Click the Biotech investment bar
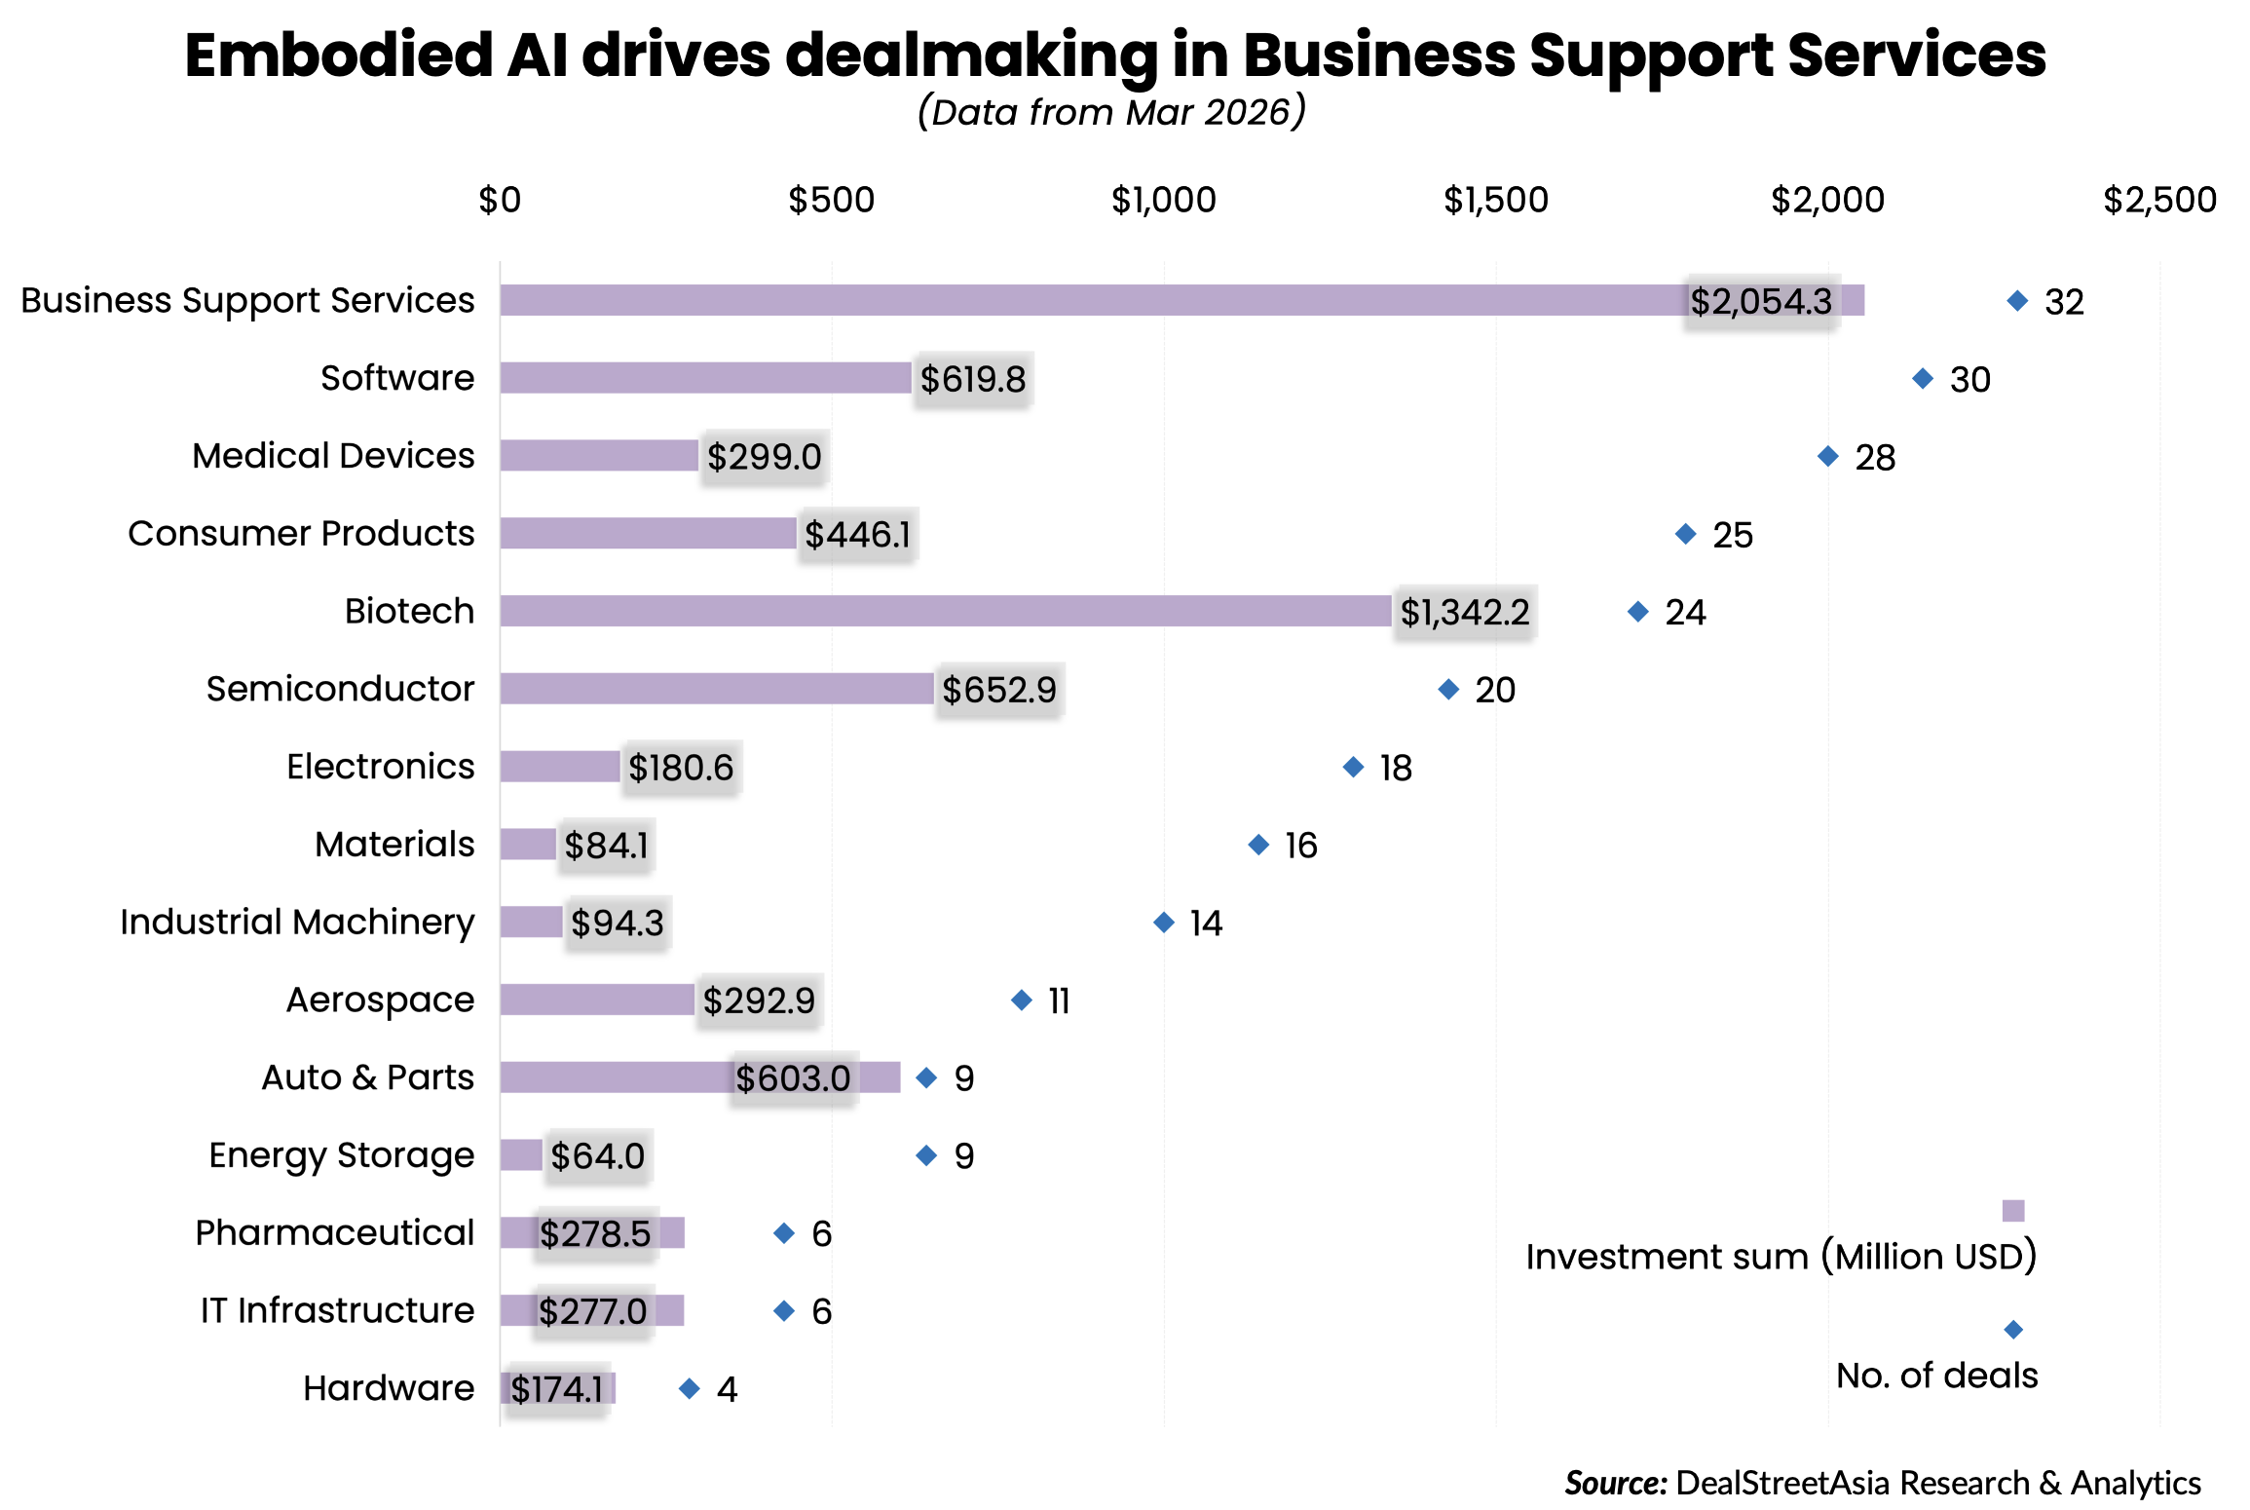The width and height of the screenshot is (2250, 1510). click(x=945, y=611)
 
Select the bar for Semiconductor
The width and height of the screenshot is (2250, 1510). click(x=717, y=689)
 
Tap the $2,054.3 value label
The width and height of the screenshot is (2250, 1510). click(x=1761, y=302)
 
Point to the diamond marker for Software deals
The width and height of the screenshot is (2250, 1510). click(x=1922, y=378)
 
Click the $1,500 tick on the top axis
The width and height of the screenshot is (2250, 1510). click(x=1495, y=201)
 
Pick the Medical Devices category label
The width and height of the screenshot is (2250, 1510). click(x=333, y=456)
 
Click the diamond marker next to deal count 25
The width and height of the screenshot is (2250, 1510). click(x=1685, y=534)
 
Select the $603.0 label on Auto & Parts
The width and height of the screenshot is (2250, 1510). click(x=793, y=1078)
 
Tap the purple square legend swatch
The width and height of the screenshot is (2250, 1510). click(x=2012, y=1211)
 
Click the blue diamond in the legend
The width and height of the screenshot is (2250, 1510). click(x=2012, y=1330)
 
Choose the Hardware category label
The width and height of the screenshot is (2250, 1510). click(x=388, y=1388)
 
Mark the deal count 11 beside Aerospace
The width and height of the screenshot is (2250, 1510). click(x=1059, y=1001)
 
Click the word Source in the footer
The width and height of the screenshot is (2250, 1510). click(x=1615, y=1483)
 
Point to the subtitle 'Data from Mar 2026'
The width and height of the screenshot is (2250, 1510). click(x=1110, y=113)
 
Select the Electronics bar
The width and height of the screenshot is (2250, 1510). click(x=560, y=767)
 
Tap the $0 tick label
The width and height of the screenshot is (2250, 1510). click(x=500, y=201)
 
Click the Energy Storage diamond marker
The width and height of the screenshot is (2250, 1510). click(x=926, y=1155)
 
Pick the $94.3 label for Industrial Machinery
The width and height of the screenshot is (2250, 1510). click(x=618, y=923)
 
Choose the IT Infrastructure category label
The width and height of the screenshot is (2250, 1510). click(x=337, y=1311)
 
